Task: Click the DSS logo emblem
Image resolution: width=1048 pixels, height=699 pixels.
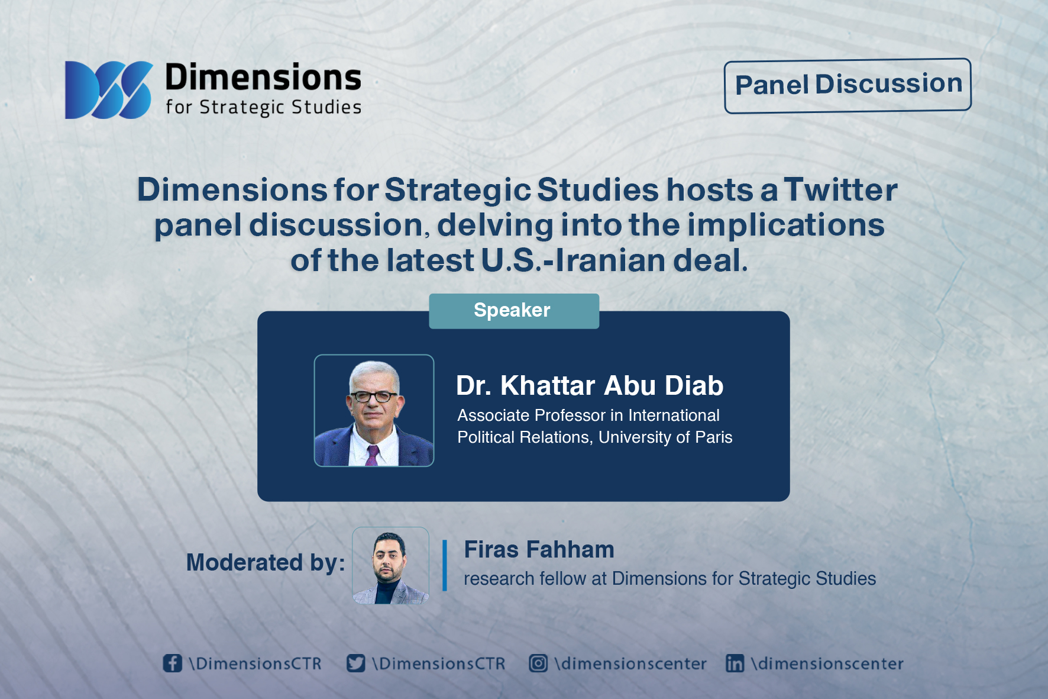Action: (108, 90)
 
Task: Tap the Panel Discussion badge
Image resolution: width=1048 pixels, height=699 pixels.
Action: (848, 85)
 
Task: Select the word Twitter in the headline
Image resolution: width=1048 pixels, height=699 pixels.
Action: (840, 190)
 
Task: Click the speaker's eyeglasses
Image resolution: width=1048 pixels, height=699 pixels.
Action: (374, 396)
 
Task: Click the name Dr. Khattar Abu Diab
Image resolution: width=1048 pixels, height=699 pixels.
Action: (590, 385)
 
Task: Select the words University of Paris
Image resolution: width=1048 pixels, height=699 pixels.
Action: (665, 437)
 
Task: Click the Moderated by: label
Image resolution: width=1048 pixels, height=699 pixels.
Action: (266, 562)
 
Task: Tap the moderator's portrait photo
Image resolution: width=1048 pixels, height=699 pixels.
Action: (390, 565)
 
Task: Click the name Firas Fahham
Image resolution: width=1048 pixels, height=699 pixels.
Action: (539, 549)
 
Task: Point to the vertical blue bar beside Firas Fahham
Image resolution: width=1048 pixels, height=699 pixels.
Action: (444, 565)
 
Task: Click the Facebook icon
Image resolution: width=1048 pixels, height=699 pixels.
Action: (172, 663)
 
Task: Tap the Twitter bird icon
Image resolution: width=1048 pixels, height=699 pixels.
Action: (355, 663)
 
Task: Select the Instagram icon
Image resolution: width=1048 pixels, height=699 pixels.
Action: (538, 663)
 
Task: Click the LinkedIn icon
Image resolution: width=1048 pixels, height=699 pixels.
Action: (735, 663)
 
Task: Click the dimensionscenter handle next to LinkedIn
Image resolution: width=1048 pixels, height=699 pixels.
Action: (827, 663)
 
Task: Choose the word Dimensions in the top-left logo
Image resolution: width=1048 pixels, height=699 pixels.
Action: (263, 78)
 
